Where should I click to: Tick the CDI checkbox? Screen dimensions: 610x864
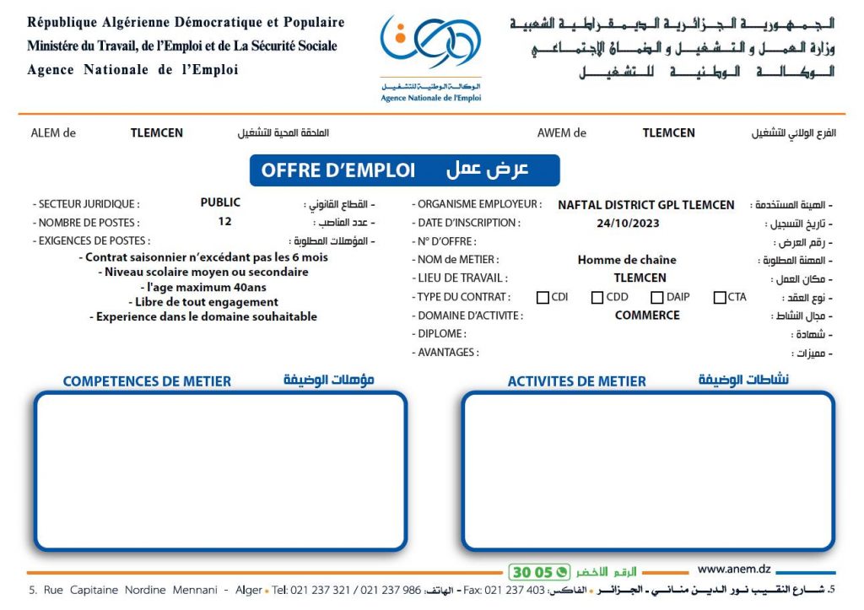543,297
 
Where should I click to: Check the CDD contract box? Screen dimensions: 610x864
597,297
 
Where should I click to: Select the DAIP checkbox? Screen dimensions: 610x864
657,297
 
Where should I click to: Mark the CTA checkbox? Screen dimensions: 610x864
720,297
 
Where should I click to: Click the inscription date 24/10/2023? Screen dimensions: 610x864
628,224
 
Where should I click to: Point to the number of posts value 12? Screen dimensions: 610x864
224,222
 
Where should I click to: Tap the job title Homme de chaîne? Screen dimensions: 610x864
627,260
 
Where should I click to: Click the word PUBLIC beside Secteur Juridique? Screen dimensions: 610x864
220,202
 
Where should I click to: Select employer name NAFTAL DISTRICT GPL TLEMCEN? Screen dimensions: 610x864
646,205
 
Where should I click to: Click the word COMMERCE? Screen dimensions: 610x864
647,316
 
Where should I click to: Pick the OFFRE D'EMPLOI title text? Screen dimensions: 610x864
338,170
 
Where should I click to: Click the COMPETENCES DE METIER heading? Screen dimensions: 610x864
147,381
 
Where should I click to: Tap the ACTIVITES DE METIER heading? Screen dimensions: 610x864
577,381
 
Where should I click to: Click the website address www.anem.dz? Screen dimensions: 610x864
734,570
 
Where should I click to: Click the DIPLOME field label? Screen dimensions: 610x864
441,334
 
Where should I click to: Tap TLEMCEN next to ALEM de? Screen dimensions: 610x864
157,133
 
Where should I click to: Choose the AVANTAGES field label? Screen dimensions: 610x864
447,353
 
